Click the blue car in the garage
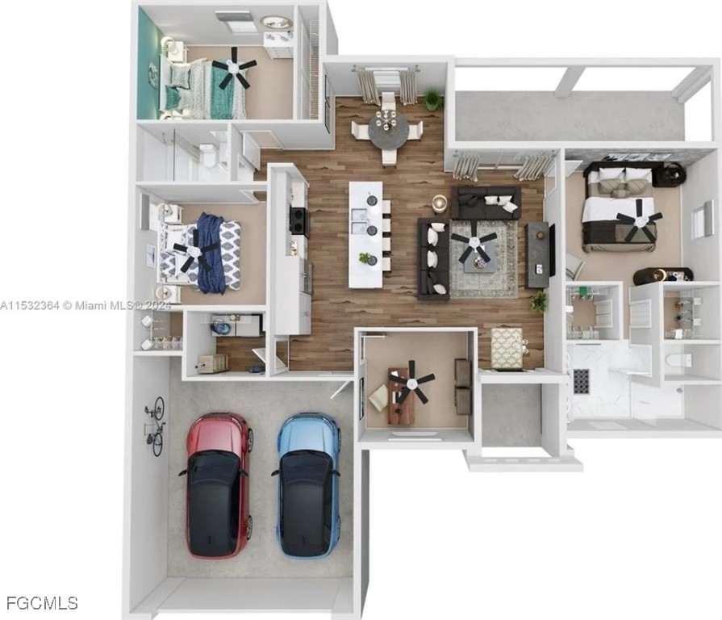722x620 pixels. click(307, 484)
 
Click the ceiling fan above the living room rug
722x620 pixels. click(474, 242)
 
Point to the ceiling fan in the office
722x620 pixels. click(411, 381)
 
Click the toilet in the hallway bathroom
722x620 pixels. click(208, 155)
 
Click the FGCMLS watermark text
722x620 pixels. click(43, 602)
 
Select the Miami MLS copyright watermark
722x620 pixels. click(86, 305)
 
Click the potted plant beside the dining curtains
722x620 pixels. click(432, 98)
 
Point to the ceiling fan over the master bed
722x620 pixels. click(639, 220)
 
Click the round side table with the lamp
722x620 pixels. click(440, 203)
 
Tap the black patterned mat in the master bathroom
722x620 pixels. click(582, 381)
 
